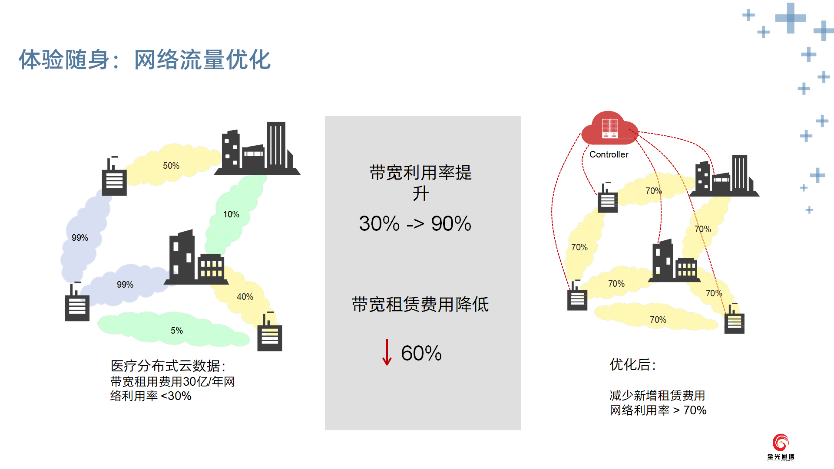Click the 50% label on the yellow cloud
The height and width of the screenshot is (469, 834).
(x=171, y=166)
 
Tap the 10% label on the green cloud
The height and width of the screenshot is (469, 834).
(x=231, y=214)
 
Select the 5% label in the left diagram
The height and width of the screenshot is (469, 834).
(x=177, y=331)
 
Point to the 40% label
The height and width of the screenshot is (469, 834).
(x=245, y=297)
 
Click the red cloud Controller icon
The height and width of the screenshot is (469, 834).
(x=609, y=128)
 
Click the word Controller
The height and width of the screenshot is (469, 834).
(x=609, y=154)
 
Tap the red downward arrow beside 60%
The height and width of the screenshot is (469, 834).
(x=387, y=352)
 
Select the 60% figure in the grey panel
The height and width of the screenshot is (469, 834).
(x=421, y=353)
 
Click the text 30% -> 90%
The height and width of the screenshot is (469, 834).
(x=415, y=224)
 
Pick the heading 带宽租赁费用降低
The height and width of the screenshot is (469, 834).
(x=420, y=304)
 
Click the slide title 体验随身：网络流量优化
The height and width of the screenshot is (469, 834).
(x=145, y=59)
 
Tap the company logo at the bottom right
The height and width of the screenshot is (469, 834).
(x=781, y=447)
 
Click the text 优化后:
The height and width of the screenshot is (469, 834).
(x=632, y=364)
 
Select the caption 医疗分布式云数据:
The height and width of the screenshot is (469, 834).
(x=168, y=366)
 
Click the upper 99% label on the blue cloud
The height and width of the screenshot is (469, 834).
(x=80, y=238)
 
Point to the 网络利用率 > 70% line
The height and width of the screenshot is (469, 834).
(x=658, y=410)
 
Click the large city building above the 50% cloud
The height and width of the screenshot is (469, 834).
(x=257, y=148)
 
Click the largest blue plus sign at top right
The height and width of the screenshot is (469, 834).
(x=791, y=18)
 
